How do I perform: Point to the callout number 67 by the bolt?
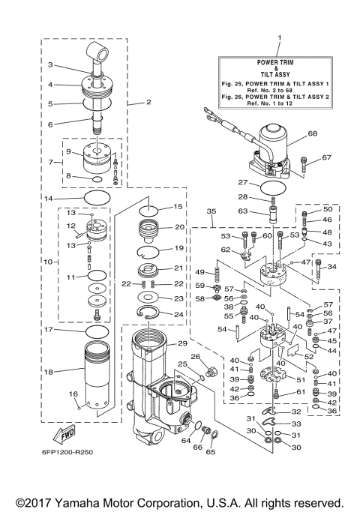pyautogui.click(x=325, y=157)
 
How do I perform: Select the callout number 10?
pyautogui.click(x=49, y=262)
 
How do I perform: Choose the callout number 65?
pyautogui.click(x=211, y=453)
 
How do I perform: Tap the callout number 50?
pyautogui.click(x=327, y=208)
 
